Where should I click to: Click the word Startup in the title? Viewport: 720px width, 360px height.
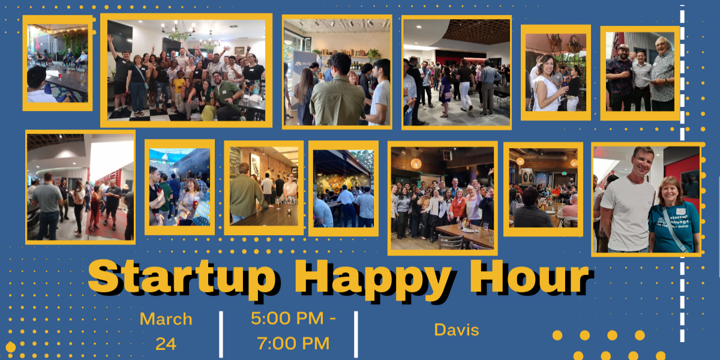182,278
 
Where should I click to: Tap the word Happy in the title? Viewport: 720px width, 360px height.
373,279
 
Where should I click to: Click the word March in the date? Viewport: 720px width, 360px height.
166,319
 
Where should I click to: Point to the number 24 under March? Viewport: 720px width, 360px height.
166,344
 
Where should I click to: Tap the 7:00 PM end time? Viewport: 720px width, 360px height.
293,343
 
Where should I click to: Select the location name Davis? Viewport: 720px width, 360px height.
457,330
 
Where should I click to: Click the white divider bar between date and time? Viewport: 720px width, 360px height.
221,334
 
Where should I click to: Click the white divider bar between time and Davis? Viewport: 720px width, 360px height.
356,334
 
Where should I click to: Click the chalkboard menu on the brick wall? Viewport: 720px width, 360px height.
235,163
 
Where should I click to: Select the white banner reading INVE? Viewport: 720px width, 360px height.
304,80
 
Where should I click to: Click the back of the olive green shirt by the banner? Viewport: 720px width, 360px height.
337,101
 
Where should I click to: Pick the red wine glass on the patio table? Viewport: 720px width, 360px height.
60,76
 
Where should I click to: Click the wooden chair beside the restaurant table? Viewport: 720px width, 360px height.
451,242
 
